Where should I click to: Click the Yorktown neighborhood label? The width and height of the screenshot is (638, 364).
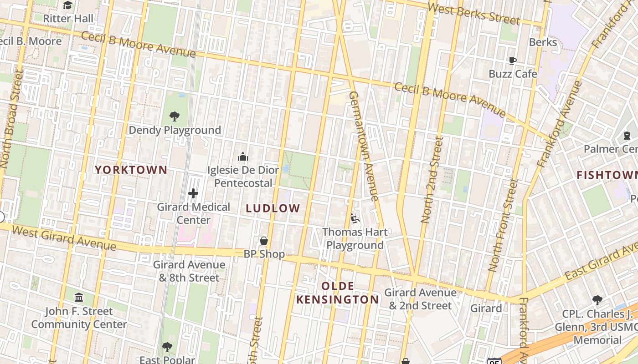pos(131,170)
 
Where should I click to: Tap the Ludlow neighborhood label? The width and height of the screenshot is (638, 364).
pos(273,208)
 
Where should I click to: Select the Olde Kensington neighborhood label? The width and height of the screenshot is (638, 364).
pos(337,293)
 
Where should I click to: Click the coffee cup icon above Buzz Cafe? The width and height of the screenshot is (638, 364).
pos(513,61)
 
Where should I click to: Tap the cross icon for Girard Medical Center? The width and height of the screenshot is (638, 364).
pos(193,193)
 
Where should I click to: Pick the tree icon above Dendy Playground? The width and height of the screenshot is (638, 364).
pos(174,116)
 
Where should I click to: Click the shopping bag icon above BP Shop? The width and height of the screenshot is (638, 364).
pos(263,241)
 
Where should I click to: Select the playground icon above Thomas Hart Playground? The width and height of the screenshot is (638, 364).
pos(355,219)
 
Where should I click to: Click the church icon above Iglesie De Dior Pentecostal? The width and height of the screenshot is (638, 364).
pos(243,157)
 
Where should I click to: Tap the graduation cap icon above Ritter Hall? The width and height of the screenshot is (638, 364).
pos(68,5)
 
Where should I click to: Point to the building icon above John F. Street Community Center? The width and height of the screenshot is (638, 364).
pos(79,298)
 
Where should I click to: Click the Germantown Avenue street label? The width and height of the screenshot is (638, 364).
pos(364,146)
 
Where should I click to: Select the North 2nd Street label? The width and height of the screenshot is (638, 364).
pos(432,180)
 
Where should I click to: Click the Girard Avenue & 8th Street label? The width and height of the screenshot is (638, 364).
pos(189,271)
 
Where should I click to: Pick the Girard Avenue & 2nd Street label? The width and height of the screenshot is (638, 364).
pos(420,299)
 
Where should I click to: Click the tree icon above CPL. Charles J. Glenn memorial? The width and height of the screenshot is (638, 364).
pos(597,300)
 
